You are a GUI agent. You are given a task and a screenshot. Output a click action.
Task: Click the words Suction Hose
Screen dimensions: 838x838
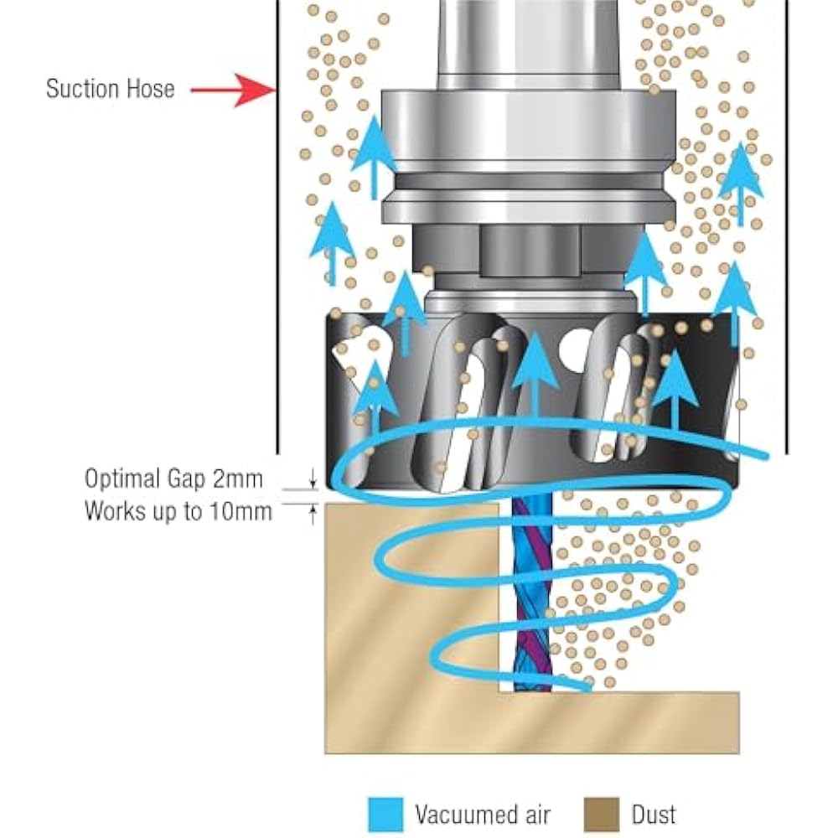click(111, 89)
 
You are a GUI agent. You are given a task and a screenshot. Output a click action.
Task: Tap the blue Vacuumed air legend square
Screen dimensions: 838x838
click(386, 813)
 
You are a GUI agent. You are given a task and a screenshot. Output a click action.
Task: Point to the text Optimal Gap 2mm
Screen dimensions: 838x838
click(173, 479)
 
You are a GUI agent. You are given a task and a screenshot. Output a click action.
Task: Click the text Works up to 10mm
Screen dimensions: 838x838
click(178, 511)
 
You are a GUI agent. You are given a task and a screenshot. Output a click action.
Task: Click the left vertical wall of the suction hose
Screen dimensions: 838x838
click(277, 251)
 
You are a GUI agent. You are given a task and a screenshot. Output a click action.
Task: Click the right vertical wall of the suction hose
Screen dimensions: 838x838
click(787, 251)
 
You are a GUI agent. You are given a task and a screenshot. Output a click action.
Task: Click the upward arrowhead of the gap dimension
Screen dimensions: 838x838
click(313, 510)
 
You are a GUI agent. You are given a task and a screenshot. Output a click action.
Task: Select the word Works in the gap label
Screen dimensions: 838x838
click(114, 511)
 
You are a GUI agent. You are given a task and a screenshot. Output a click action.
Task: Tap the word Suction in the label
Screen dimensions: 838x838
click(80, 89)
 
